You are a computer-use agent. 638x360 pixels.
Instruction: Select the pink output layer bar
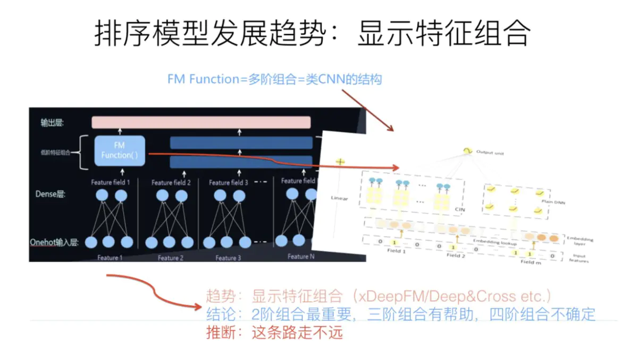(x=201, y=122)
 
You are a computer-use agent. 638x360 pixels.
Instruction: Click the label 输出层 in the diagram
(x=53, y=123)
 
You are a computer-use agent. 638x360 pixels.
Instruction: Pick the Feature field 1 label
(x=111, y=182)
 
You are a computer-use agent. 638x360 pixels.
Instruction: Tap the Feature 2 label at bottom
(x=171, y=258)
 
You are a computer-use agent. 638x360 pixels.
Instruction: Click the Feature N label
(x=298, y=256)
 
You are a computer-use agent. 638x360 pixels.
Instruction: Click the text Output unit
(x=490, y=153)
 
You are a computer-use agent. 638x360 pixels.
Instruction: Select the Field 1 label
(x=397, y=250)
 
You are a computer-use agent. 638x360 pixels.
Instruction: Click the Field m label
(x=530, y=262)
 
